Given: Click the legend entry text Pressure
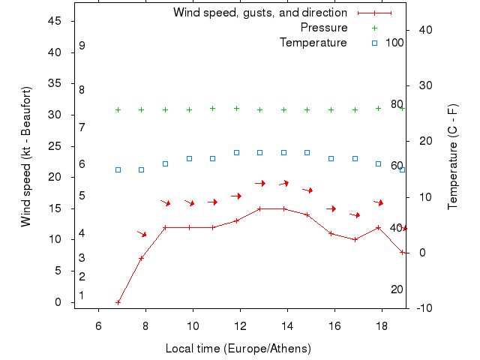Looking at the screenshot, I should [x=324, y=28].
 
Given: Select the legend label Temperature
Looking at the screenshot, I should [x=313, y=43].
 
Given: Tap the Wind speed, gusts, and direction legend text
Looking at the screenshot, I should [x=260, y=13].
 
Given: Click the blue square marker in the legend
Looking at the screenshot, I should [x=375, y=43].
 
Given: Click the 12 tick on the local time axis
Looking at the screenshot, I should [x=240, y=326].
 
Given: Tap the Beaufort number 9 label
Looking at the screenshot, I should [x=82, y=46].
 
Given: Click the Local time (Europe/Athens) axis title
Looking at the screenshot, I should [x=238, y=349].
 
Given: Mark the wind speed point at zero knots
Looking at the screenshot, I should [x=118, y=302].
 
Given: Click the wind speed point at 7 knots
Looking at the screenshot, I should [x=141, y=258].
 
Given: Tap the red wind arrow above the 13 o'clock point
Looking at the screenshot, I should [x=260, y=183].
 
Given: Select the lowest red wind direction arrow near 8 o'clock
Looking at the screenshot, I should [x=142, y=234].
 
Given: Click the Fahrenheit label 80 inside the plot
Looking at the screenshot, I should [x=397, y=104].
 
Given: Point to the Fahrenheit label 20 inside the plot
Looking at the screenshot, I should [x=397, y=289].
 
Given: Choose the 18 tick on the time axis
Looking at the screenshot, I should [x=382, y=326].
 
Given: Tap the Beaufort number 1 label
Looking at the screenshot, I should [x=82, y=295].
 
